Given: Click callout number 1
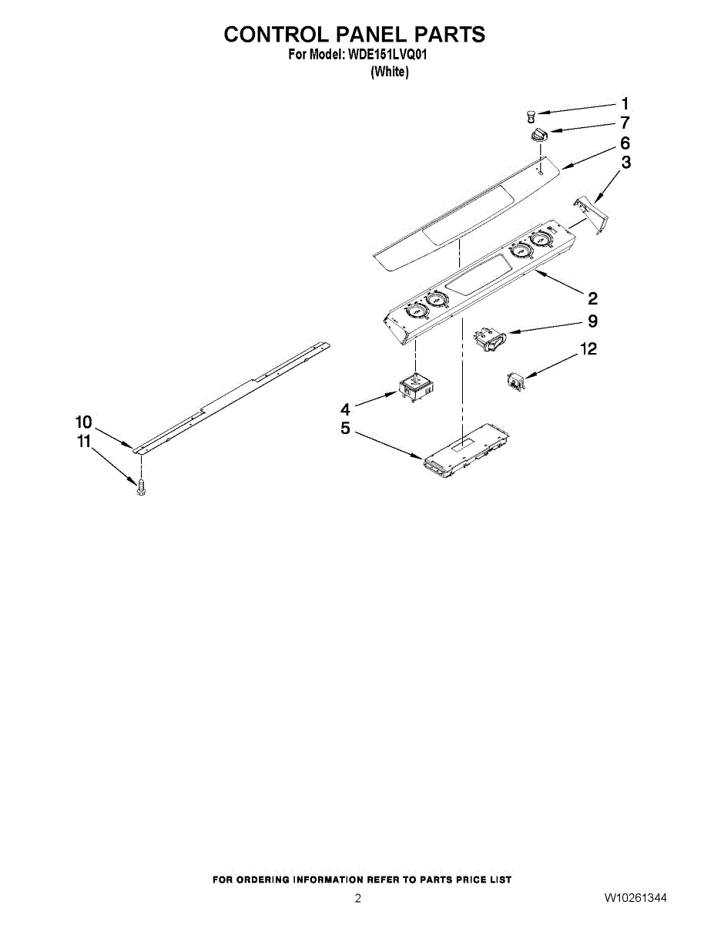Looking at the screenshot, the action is coord(625,103).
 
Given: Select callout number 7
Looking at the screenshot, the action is coord(625,123).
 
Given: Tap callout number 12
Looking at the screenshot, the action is coord(588,349).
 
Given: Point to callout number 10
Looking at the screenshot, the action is coord(83,422).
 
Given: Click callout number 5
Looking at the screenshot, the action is coord(346,429).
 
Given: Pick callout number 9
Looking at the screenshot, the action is coord(592,321).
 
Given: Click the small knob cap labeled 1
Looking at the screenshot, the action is coord(531,116).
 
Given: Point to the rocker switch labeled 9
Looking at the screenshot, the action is coord(491,339).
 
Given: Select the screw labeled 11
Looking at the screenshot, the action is coord(140,487).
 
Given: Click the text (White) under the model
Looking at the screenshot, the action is coord(389,72).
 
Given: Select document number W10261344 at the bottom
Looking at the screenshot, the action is coord(635,898).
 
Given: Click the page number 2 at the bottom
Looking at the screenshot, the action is coord(357,898).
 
